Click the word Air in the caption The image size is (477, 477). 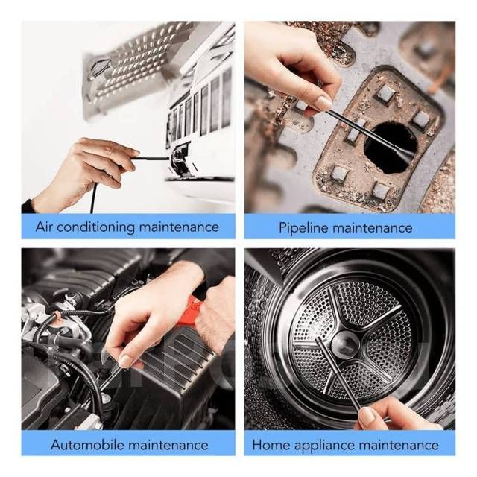[44, 227]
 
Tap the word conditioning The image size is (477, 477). [95, 227]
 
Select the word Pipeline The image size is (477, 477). [304, 228]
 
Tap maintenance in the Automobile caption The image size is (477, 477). [168, 445]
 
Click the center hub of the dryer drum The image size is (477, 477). [345, 344]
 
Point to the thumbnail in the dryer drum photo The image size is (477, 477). [367, 416]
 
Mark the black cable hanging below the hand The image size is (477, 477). [93, 198]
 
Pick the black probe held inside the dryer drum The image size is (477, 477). [338, 374]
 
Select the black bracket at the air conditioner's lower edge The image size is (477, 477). [180, 160]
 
